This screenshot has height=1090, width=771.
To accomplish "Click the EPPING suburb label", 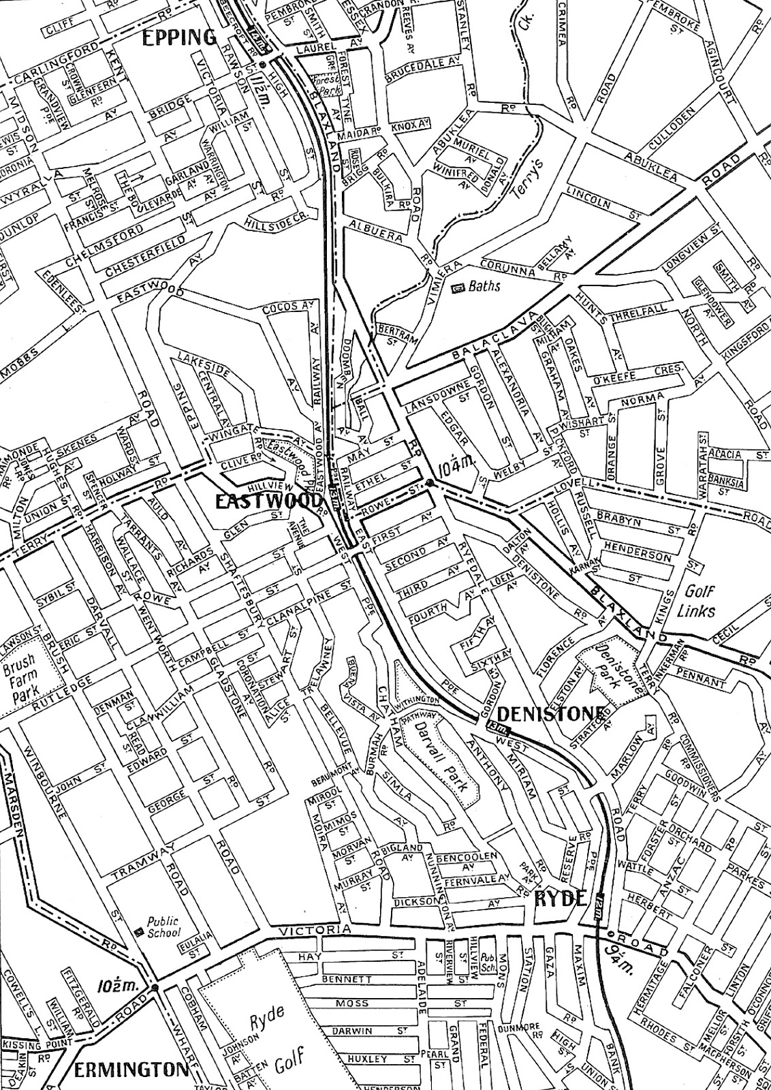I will tap(179, 38).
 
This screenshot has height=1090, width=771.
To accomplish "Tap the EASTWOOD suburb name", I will tap(268, 501).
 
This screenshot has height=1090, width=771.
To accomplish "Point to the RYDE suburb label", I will tap(561, 898).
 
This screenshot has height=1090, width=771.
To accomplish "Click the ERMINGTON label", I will tap(131, 1070).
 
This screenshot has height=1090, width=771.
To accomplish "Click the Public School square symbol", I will tap(140, 931).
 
